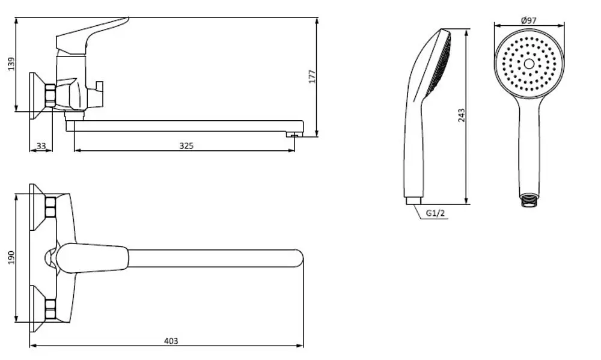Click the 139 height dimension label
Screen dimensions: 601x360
[11, 64]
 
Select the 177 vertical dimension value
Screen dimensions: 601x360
[313, 77]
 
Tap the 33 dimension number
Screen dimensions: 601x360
[41, 145]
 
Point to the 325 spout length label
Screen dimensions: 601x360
[186, 145]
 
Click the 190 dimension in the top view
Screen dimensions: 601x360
[11, 257]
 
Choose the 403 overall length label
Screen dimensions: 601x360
[171, 340]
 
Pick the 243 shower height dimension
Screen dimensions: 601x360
[462, 115]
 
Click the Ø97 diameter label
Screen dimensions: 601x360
[529, 20]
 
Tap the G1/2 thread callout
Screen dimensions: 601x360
[436, 213]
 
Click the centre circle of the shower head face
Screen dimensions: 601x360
[529, 64]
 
